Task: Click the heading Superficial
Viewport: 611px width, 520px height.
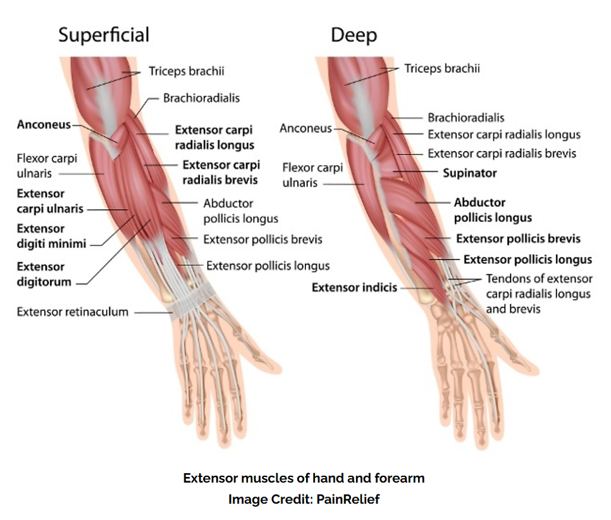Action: click(x=104, y=35)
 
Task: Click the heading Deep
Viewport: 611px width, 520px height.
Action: click(x=354, y=35)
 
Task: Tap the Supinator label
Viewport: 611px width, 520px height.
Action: click(x=469, y=173)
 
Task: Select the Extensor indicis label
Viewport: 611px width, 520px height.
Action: click(x=354, y=288)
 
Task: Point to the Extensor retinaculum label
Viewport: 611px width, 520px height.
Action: click(x=73, y=312)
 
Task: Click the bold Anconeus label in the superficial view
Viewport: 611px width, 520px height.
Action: click(x=44, y=125)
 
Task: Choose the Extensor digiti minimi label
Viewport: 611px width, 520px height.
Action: click(x=51, y=236)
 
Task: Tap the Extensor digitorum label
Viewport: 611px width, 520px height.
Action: click(x=44, y=274)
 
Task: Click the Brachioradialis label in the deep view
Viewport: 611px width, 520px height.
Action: click(x=466, y=118)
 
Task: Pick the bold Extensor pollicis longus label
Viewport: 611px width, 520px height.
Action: click(x=528, y=259)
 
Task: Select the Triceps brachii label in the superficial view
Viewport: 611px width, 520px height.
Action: click(x=186, y=71)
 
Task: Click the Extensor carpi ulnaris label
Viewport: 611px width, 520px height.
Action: click(x=50, y=201)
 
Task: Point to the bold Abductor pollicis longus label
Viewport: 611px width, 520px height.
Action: click(x=493, y=210)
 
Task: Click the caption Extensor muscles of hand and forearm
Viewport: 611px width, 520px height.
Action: click(x=304, y=478)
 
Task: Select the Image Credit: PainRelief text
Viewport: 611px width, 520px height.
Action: click(x=304, y=499)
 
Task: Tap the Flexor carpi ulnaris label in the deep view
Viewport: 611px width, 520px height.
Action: click(x=312, y=175)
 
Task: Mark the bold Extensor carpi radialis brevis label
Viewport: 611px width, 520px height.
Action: click(x=221, y=172)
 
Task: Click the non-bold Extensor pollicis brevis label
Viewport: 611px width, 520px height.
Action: click(x=262, y=239)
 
